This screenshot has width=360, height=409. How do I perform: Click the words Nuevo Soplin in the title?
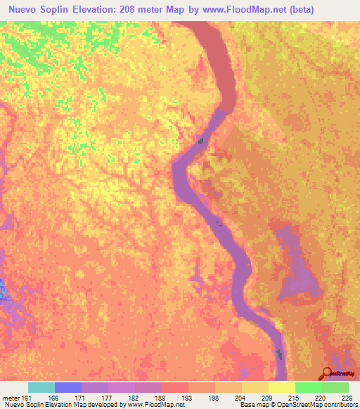point(39,9)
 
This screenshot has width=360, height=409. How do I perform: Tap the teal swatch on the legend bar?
point(41,387)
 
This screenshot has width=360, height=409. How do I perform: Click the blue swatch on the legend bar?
point(67,387)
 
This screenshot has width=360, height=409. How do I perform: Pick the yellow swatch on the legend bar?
point(281,387)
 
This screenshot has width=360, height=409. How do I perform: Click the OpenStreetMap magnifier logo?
point(328,373)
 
